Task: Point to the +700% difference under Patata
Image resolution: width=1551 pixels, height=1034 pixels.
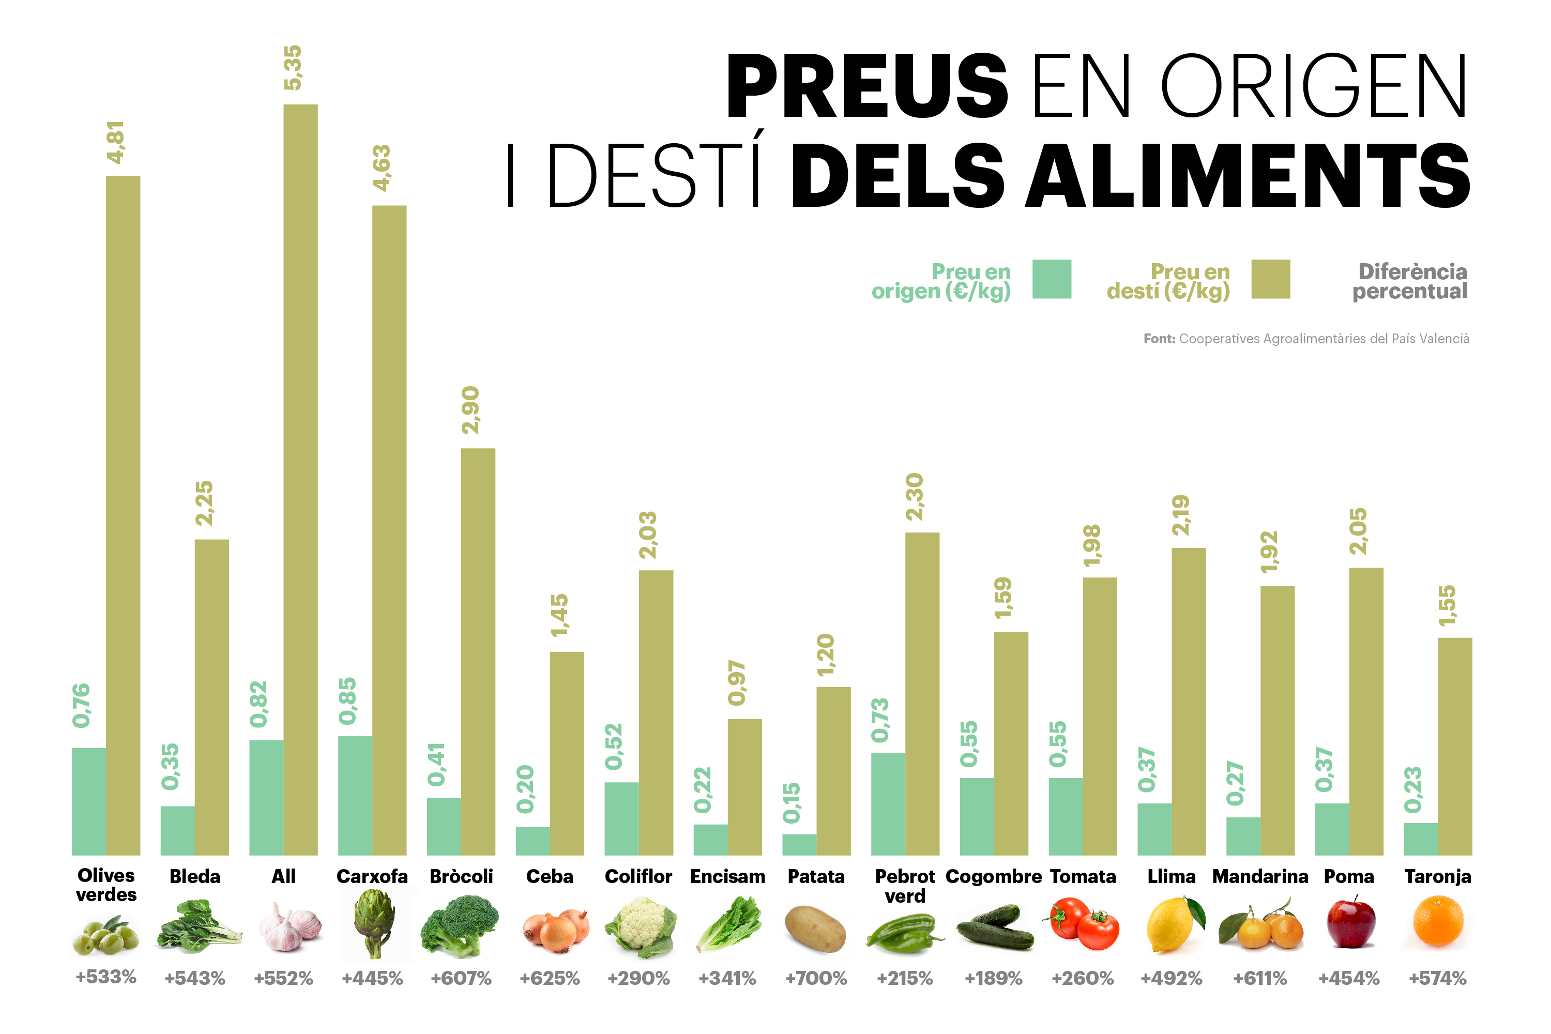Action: (816, 978)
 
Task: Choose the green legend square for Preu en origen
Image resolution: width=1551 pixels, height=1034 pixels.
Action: (1051, 279)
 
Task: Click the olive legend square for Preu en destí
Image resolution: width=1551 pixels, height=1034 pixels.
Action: (1270, 279)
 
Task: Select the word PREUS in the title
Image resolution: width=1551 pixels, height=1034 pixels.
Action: (866, 86)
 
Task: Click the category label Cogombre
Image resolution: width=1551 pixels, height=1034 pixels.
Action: (993, 876)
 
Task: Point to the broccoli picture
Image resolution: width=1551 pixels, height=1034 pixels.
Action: (460, 924)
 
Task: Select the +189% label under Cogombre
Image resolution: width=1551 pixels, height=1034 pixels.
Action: (993, 978)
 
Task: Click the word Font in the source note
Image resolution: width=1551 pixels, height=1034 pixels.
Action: (1159, 339)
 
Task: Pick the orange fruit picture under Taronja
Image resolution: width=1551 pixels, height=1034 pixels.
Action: (1438, 922)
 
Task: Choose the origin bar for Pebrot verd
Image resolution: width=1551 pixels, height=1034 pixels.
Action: (888, 804)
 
